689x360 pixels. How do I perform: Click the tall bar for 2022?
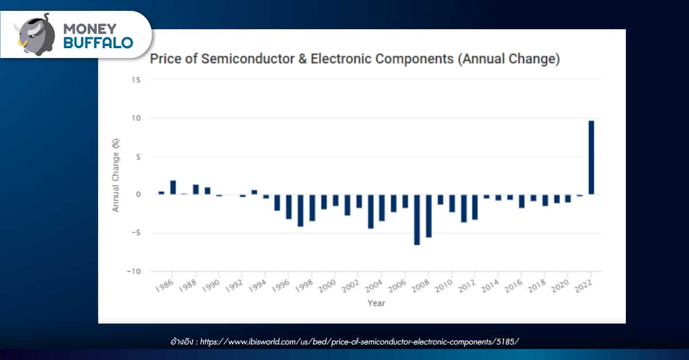(591, 157)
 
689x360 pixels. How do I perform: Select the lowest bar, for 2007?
(417, 219)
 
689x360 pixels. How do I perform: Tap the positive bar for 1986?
(173, 187)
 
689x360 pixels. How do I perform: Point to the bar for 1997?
(300, 210)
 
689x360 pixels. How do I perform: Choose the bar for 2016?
(521, 200)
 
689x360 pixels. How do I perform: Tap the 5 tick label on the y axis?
(138, 157)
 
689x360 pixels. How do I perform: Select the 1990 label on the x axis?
(211, 287)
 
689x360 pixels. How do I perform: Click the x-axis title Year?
(377, 303)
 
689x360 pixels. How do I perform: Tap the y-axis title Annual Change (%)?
(115, 176)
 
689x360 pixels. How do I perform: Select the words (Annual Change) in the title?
(509, 59)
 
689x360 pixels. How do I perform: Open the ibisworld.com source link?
(359, 342)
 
